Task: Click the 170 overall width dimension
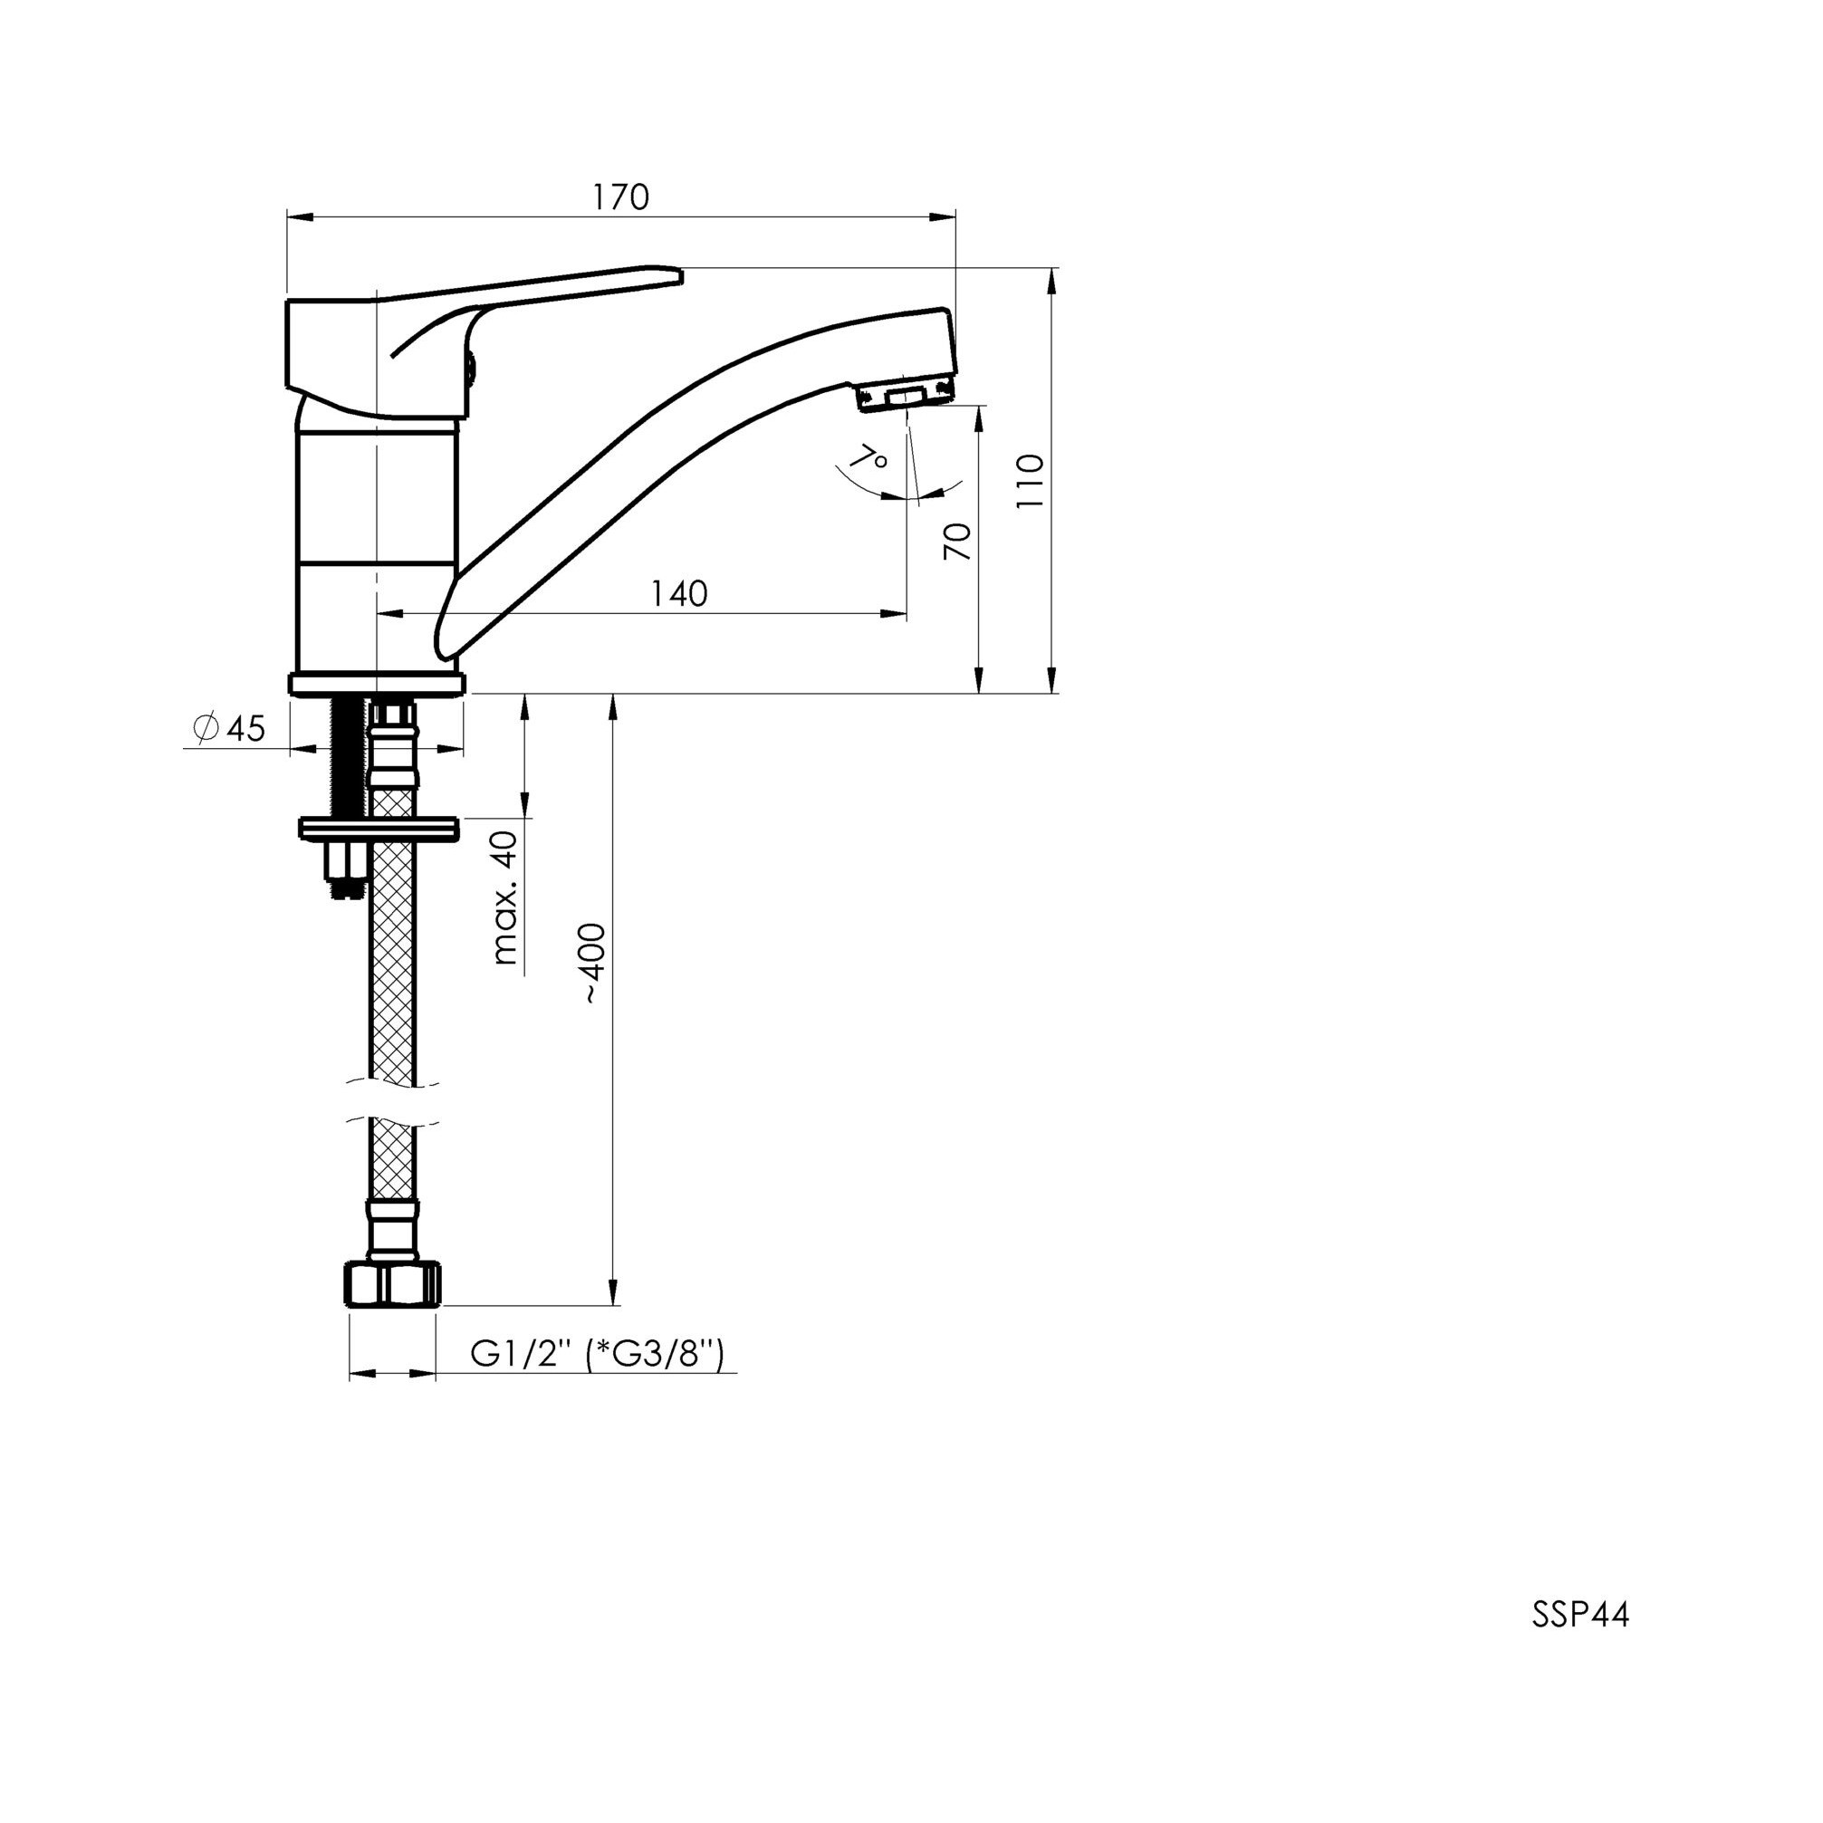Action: coord(621,197)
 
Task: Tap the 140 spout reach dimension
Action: coord(679,593)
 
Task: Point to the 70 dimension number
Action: coord(957,542)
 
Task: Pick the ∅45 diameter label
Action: coord(228,728)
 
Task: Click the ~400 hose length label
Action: coord(593,963)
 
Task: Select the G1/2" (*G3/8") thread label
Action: coord(598,1355)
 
